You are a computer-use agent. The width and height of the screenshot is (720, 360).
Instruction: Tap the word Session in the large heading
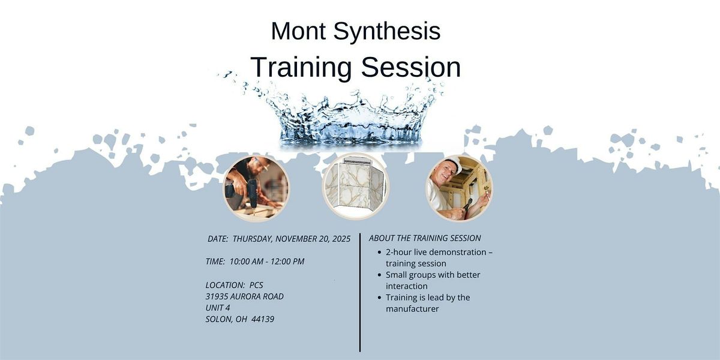pyautogui.click(x=410, y=67)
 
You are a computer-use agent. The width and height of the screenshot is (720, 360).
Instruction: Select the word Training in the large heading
pyautogui.click(x=301, y=67)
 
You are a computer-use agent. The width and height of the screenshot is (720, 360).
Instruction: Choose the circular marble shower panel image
pyautogui.click(x=356, y=186)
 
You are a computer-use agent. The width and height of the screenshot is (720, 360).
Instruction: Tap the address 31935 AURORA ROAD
pyautogui.click(x=244, y=296)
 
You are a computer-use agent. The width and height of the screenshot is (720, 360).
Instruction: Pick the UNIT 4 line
pyautogui.click(x=218, y=308)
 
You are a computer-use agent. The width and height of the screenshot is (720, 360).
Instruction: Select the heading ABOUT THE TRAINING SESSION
pyautogui.click(x=425, y=238)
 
